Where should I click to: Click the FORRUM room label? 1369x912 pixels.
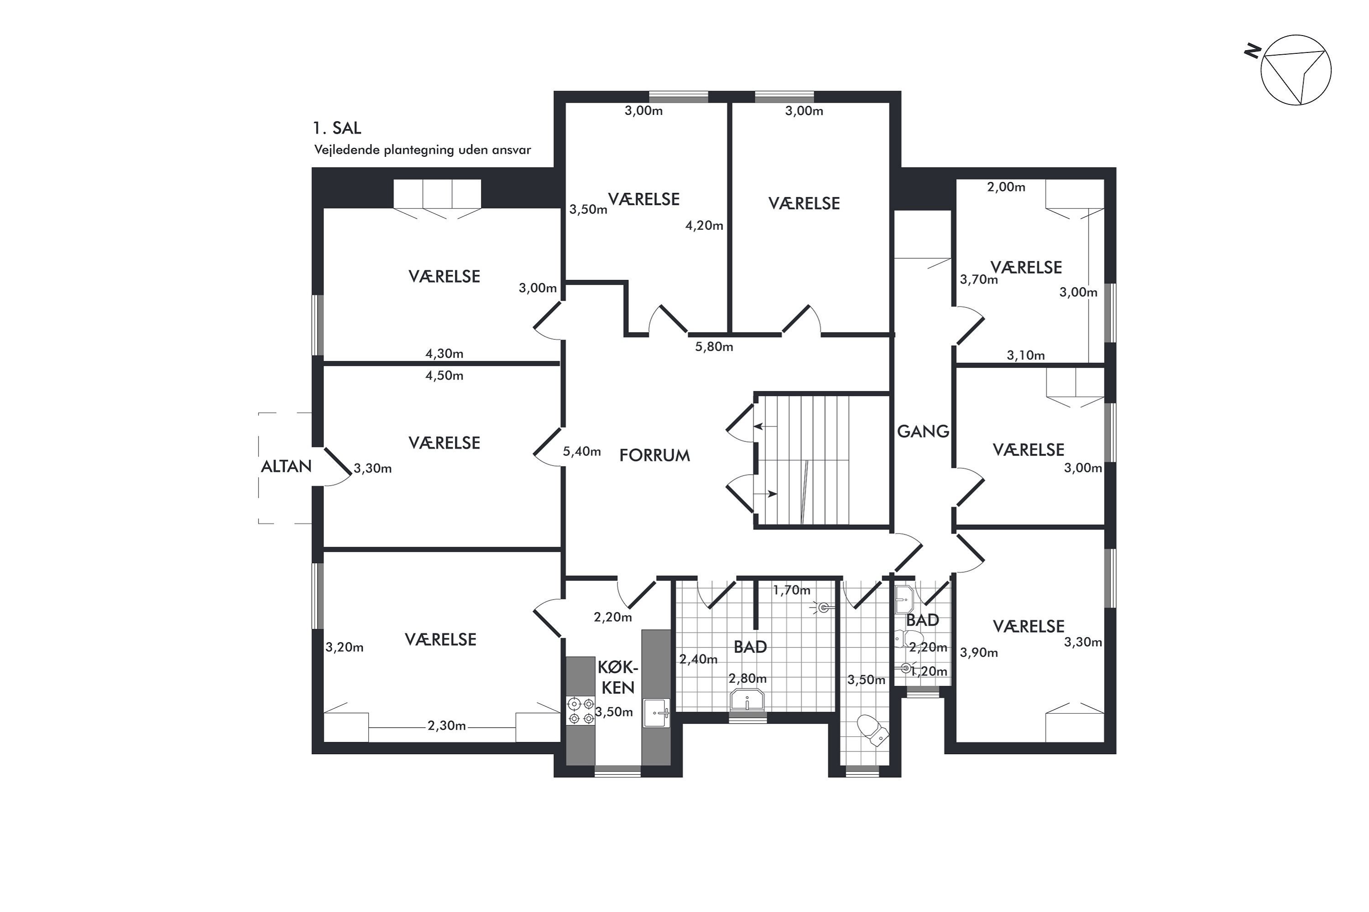[x=654, y=456]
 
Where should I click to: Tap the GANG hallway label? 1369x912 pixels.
[x=923, y=431]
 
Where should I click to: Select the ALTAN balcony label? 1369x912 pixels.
[x=287, y=466]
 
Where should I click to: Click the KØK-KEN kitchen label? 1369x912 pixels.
[x=617, y=678]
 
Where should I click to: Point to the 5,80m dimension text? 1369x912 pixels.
[x=714, y=347]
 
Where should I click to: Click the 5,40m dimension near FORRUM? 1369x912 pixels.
[x=582, y=451]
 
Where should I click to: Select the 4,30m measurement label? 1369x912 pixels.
[x=444, y=354]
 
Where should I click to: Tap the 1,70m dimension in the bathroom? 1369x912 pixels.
[x=792, y=591]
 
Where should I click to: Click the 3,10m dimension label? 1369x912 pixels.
[x=1025, y=355]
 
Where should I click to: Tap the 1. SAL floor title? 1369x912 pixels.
[x=337, y=128]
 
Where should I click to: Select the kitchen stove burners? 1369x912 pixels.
[x=581, y=711]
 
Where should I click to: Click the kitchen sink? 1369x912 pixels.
[x=657, y=712]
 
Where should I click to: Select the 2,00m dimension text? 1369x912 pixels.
[x=1006, y=187]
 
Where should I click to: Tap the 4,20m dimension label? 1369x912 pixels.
[x=704, y=226]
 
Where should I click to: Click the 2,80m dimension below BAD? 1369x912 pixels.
[x=747, y=679]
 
